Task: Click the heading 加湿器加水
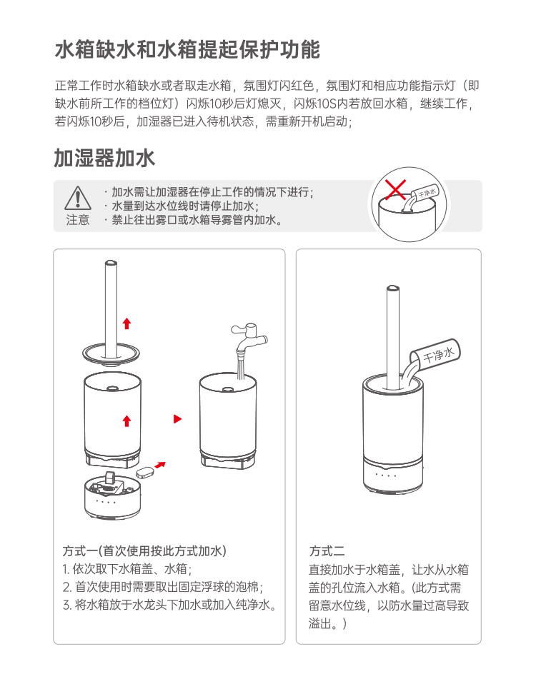tap(104, 158)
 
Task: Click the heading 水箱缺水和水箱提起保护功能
tap(188, 50)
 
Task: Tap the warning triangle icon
tap(78, 198)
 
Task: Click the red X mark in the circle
tap(395, 190)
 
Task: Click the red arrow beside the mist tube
tap(126, 323)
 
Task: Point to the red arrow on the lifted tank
tap(126, 421)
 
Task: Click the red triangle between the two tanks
tap(177, 419)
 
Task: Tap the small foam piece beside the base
tap(145, 471)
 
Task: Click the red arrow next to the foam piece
tap(161, 465)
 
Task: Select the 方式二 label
tap(327, 551)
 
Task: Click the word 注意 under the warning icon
tap(78, 220)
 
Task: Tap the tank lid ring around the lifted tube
tap(111, 353)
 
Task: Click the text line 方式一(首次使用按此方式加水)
tap(144, 551)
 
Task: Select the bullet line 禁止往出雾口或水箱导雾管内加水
tap(194, 220)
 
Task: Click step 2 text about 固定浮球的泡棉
tap(163, 587)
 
